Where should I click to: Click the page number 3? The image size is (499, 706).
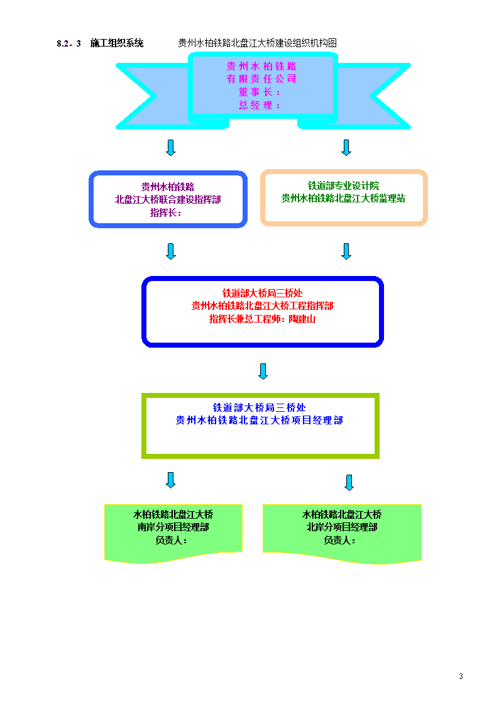pos(461,676)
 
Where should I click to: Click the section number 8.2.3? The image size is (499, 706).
pos(69,43)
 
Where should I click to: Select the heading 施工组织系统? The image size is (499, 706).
pos(116,43)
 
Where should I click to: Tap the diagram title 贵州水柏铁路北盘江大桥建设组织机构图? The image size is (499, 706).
pos(258,43)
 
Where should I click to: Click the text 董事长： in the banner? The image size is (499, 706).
pos(260,92)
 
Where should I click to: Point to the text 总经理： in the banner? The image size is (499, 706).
pos(260,106)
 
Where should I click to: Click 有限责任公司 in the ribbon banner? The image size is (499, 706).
pos(261,79)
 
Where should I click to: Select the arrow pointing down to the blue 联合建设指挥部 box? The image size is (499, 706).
pos(170,148)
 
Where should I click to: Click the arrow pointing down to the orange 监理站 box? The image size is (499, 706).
pos(346,148)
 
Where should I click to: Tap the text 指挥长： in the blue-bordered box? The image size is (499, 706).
pos(165,212)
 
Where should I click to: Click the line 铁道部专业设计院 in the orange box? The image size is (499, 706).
pos(343,185)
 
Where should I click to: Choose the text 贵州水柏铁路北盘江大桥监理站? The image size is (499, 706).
pos(343,198)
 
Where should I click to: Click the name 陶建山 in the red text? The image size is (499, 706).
pos(302,319)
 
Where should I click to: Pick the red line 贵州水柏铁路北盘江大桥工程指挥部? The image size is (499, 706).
pos(262,306)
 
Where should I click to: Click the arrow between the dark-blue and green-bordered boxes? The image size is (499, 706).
pos(263,372)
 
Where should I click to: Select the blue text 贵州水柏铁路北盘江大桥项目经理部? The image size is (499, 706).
pos(259,420)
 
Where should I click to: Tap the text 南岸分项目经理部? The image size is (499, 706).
pos(173,527)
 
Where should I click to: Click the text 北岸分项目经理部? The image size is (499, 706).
pos(342,527)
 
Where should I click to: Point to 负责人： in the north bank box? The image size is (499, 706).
pos(340,540)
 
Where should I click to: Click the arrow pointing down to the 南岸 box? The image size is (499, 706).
pos(170,480)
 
